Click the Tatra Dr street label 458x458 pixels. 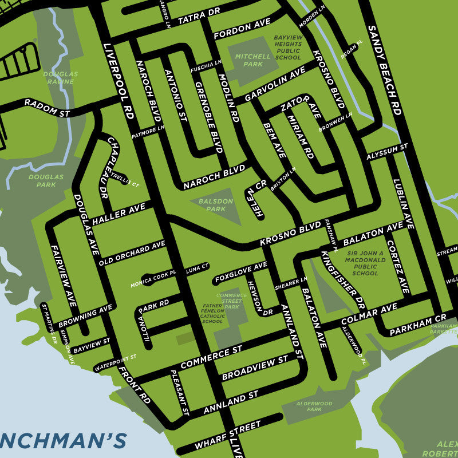click(x=199, y=15)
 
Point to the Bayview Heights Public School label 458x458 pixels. click(x=287, y=47)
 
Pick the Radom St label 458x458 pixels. click(x=46, y=108)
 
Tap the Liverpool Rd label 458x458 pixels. click(x=119, y=80)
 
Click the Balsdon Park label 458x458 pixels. click(x=215, y=205)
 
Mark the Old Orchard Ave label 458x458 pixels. click(x=132, y=253)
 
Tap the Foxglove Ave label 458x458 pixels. click(x=240, y=272)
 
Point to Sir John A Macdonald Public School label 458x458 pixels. click(x=366, y=263)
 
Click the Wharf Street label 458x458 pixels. click(x=227, y=436)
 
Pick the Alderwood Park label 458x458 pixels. click(x=314, y=406)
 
